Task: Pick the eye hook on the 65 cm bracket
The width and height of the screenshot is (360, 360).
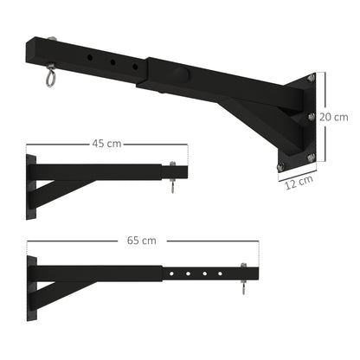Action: click(243, 290)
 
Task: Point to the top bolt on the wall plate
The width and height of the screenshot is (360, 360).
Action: click(310, 80)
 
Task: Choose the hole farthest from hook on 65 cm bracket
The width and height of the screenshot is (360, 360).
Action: click(173, 274)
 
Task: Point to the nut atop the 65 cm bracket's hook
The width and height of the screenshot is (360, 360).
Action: click(243, 266)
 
